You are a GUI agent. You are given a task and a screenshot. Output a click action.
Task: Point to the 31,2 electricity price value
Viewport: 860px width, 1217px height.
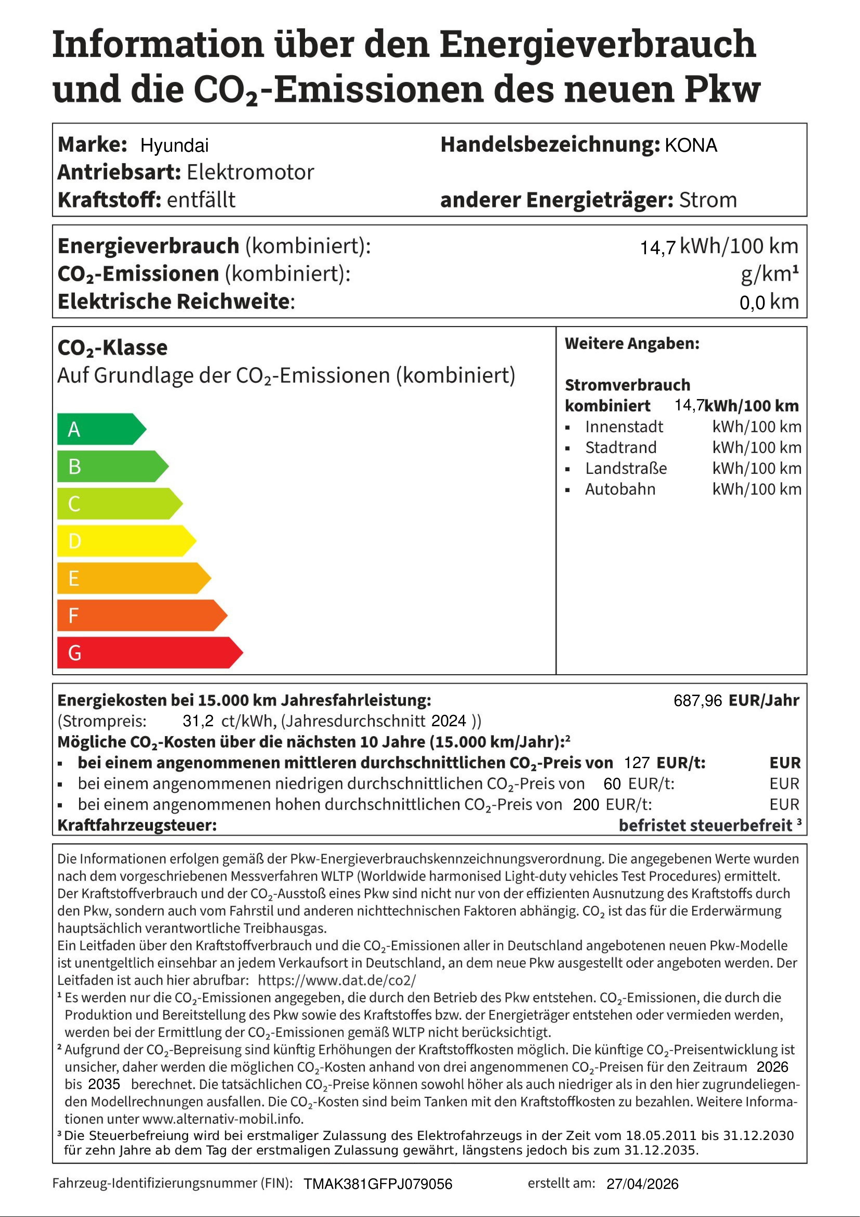click(x=198, y=721)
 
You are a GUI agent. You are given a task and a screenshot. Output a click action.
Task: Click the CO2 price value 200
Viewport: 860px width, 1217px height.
click(x=586, y=805)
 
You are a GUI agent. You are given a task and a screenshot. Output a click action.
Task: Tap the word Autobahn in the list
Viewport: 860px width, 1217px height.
click(x=620, y=489)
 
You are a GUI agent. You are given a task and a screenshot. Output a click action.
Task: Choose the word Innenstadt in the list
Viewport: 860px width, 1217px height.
click(x=624, y=427)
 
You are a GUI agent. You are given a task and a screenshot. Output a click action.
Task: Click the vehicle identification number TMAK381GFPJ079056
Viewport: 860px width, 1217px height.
click(x=378, y=1184)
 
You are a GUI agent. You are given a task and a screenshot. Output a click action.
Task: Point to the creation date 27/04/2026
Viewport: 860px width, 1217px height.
click(x=642, y=1184)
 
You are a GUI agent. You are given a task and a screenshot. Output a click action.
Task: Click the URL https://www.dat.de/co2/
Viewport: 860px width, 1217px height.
click(x=337, y=980)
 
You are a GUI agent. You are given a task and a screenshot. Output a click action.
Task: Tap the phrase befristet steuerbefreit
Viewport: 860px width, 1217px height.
click(x=705, y=825)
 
